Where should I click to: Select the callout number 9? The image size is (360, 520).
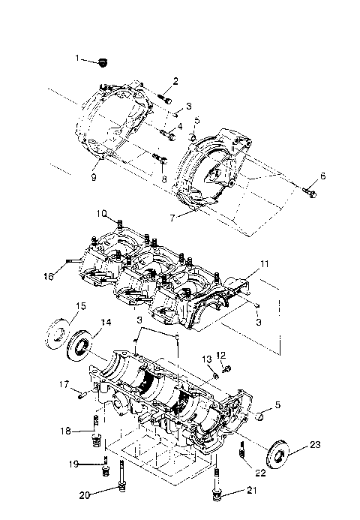click(x=93, y=178)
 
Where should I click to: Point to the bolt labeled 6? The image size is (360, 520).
click(x=310, y=193)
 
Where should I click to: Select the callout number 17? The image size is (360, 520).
click(x=65, y=385)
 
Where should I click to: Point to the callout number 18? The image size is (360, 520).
click(x=66, y=431)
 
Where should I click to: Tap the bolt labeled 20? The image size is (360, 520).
click(x=120, y=488)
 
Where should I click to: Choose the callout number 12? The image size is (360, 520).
click(x=221, y=355)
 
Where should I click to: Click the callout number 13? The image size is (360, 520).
click(x=205, y=359)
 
